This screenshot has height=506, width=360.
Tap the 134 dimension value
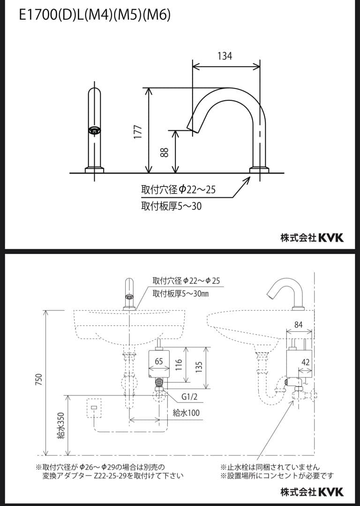point(225,56)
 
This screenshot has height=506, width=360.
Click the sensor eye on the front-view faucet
point(95,131)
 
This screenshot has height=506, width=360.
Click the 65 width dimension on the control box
point(159,361)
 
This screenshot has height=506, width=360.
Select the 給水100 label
point(186,413)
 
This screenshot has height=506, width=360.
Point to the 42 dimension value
point(306,363)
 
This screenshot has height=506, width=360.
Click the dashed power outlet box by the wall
point(95,408)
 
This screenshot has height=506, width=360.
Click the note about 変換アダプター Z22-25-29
point(112,476)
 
